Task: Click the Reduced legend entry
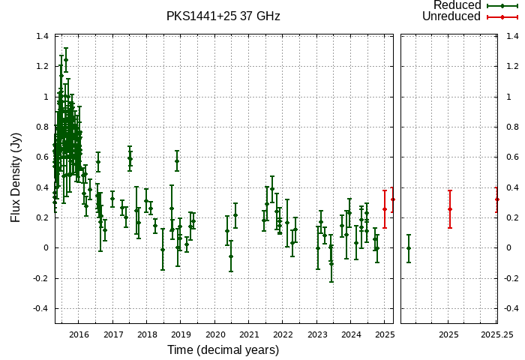coord(457,5)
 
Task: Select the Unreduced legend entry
coord(451,16)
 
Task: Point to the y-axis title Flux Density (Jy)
coord(16,177)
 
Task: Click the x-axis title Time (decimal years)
coord(223,350)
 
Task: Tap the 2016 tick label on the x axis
coord(79,334)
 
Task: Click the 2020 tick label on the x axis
coord(215,334)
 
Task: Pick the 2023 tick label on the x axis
coord(317,334)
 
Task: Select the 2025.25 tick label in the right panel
coord(497,334)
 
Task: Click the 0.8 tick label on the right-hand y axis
coord(512,127)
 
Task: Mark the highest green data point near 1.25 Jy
coord(66,60)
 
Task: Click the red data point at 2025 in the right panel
coord(450,209)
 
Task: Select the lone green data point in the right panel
coord(409,248)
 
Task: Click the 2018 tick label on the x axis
coord(147,334)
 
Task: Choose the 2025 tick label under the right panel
coord(448,334)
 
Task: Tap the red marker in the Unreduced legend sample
coord(501,16)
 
